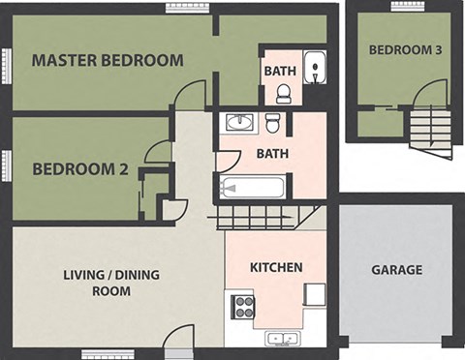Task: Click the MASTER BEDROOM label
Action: pyautogui.click(x=108, y=60)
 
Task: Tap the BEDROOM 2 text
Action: pyautogui.click(x=80, y=169)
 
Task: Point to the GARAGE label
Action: pyautogui.click(x=396, y=270)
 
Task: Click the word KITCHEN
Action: pyautogui.click(x=276, y=267)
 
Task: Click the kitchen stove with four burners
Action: pyautogui.click(x=242, y=307)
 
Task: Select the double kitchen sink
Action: pyautogui.click(x=283, y=338)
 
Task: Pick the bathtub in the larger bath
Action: pyautogui.click(x=252, y=187)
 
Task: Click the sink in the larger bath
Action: pyautogui.click(x=238, y=123)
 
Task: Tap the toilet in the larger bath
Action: pyautogui.click(x=273, y=123)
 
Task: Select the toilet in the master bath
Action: pyautogui.click(x=283, y=93)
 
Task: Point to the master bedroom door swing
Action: pyautogui.click(x=191, y=95)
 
